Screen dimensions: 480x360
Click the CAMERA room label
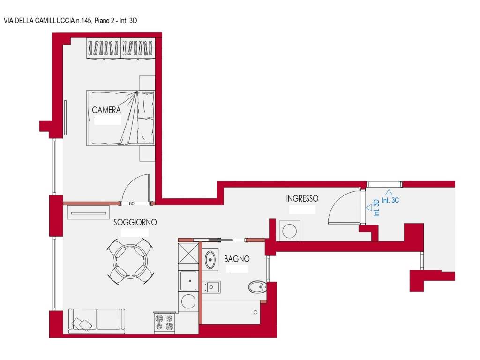point(106,110)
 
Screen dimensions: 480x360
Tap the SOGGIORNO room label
point(135,222)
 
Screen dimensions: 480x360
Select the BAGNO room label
point(237,259)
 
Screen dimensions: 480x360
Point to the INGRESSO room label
point(302,198)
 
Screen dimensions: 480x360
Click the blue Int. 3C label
point(390,200)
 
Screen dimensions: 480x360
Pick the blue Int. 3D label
point(376,208)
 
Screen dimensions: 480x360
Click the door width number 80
point(132,203)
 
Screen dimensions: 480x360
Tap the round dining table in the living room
point(130,262)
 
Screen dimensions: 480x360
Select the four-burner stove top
point(164,322)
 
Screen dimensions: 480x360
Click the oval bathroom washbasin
point(210,260)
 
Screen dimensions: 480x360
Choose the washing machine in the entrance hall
point(289,231)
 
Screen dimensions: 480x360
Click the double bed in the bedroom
point(120,118)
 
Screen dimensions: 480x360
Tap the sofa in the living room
point(97,321)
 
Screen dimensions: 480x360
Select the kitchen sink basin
point(188,281)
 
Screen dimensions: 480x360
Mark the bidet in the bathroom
point(211,287)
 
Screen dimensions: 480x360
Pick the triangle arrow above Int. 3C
point(389,193)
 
